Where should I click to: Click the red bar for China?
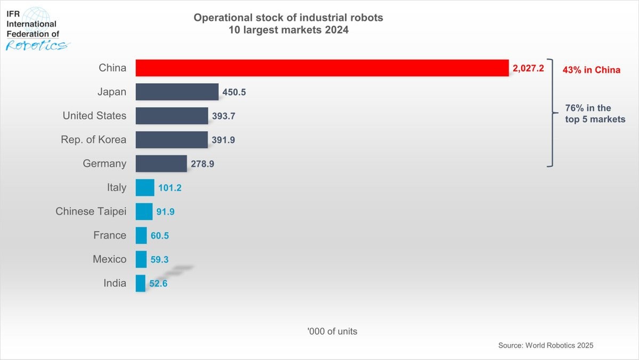[322, 68]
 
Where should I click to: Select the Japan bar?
[177, 92]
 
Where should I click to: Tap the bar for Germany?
[161, 164]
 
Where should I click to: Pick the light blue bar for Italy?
[145, 188]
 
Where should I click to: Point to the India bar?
[141, 283]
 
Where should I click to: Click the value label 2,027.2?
[528, 68]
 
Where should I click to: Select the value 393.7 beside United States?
[223, 116]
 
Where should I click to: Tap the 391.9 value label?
[223, 140]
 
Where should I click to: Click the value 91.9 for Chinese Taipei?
[165, 212]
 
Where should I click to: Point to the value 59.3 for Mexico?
[159, 259]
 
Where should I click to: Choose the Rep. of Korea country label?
[93, 139]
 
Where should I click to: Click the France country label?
[110, 235]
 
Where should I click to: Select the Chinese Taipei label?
[91, 211]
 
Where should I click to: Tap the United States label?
[94, 116]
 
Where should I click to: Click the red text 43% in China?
[592, 70]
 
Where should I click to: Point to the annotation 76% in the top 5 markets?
[595, 114]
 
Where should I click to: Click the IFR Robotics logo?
[36, 29]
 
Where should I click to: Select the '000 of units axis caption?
[332, 331]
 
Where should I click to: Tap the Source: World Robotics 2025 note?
[546, 345]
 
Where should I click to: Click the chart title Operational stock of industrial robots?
[288, 18]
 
